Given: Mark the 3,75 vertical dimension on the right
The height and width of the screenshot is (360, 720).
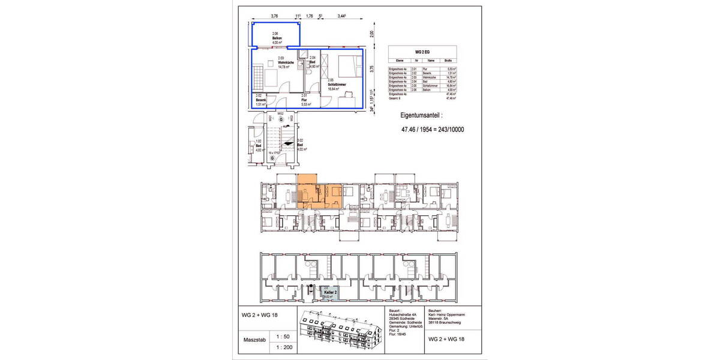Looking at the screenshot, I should (372, 70).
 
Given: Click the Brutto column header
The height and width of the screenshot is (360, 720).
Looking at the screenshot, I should (448, 61).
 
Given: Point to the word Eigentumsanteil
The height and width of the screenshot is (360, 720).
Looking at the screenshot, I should (424, 114).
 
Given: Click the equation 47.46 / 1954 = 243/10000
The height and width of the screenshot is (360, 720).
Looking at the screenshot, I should (433, 128).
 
